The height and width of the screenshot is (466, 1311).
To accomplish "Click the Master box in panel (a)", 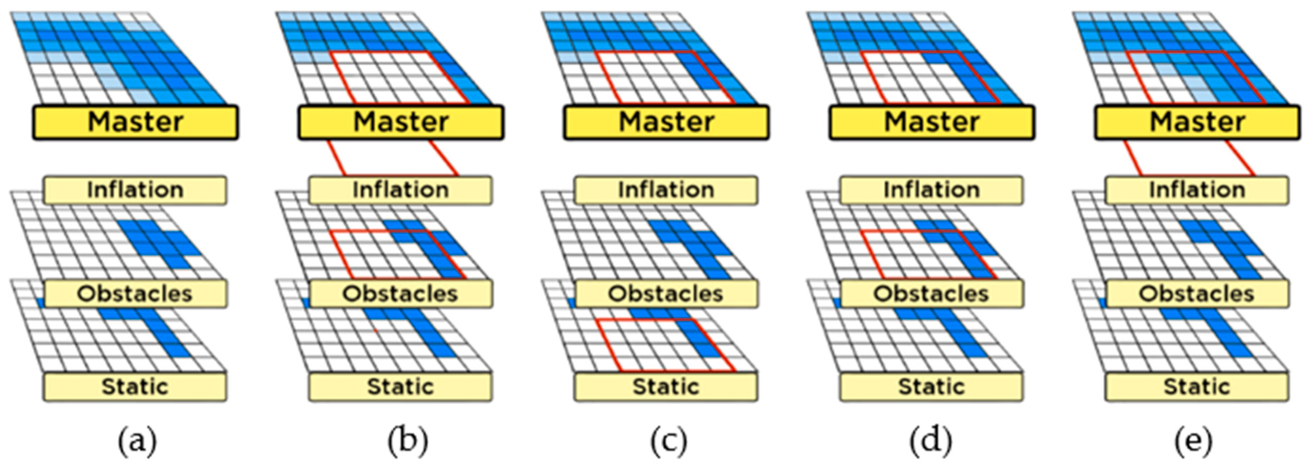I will pos(136,122).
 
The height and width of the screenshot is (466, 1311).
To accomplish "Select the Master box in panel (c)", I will pos(666,122).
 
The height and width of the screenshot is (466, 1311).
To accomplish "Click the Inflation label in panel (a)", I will pos(135,190).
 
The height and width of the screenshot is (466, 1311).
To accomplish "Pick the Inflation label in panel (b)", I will pos(400,190).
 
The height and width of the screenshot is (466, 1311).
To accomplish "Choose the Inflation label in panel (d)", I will pos(931,190).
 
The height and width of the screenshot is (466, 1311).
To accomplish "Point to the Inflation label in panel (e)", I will pos(1197,190).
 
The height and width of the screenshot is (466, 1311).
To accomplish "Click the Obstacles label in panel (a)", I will pos(135,294).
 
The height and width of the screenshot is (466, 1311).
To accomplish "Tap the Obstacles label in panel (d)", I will pos(931,294).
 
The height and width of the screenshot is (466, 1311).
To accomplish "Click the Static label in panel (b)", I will pos(400,387).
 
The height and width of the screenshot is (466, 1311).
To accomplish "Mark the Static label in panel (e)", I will pos(1197,387).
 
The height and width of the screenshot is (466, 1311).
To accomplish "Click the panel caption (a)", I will pos(137,441).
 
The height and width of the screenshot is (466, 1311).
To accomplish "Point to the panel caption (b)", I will pos(408,441).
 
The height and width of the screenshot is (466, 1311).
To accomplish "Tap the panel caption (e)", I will pos(1193,441).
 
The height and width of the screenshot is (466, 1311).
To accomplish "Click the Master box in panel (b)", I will pos(401,122).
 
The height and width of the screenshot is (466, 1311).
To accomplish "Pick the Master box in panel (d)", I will pos(932,122).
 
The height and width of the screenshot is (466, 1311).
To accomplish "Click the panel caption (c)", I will pos(669,441).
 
